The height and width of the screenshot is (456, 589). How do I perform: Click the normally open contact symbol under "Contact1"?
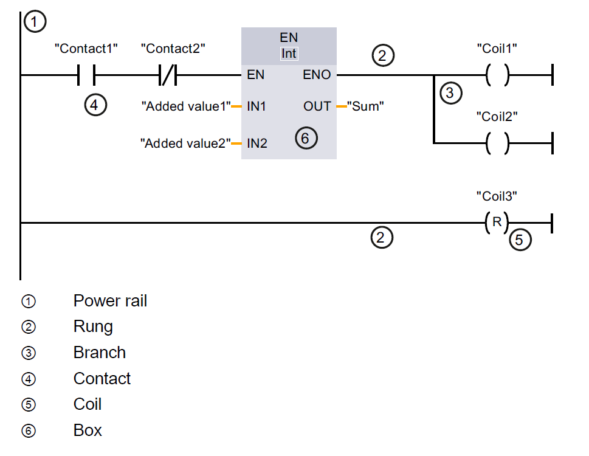pos(88,75)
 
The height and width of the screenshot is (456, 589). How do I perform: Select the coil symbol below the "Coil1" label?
pos(498,75)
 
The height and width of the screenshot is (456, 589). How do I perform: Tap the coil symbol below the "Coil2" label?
pos(498,143)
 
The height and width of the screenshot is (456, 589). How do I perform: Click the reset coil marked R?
pos(497,223)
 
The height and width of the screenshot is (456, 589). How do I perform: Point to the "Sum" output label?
pos(365,106)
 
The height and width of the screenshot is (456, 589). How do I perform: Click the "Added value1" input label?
pos(186,106)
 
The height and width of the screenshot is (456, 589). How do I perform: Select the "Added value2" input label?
pos(185,144)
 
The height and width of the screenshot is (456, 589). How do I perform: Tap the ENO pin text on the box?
pos(317,75)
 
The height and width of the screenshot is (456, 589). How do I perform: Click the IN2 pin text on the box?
pos(257,144)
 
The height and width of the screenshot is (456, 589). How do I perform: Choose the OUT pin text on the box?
pos(317,106)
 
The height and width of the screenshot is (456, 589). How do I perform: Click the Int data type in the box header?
pos(289,54)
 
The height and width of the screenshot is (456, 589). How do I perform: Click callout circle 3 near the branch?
pos(450,93)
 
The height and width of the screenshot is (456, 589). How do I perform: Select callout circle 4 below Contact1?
pos(95,105)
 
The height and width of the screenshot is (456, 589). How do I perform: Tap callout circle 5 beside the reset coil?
pos(519,240)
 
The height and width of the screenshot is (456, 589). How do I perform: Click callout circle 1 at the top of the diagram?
pos(35,22)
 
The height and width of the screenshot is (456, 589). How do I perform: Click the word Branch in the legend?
pos(100,353)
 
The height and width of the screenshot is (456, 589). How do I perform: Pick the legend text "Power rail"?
pos(110,301)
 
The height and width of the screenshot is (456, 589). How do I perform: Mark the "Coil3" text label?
pos(497,196)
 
